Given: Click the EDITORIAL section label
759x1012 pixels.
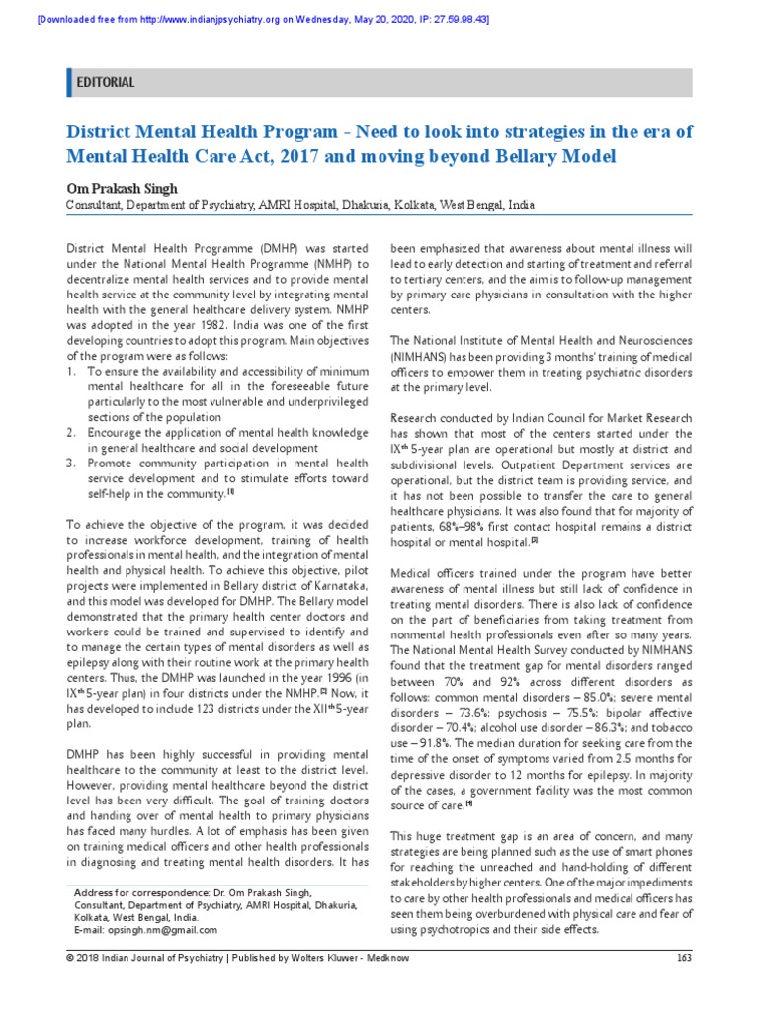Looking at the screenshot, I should [107, 83].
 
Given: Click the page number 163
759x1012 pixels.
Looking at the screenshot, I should [684, 984].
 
